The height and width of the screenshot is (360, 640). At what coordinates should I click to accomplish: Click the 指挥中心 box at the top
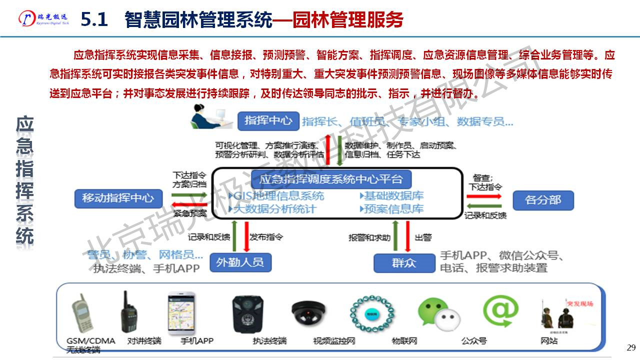point(268,120)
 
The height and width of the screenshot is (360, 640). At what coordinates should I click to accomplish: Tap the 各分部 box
point(543,200)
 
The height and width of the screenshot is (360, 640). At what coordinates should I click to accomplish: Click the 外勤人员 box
point(240,262)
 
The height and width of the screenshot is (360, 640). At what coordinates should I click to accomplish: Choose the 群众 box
point(404,262)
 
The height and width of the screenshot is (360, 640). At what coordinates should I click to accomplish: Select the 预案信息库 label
point(392,208)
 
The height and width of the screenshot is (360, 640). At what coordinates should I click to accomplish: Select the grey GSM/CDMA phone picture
point(82,314)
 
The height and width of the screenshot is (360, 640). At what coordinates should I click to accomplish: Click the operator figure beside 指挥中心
point(210,118)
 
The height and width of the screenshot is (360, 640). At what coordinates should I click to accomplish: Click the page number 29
point(630,347)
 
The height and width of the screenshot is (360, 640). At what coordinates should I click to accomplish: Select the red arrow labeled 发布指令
point(246,236)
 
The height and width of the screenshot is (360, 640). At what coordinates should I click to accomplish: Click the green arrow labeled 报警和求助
point(395,237)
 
